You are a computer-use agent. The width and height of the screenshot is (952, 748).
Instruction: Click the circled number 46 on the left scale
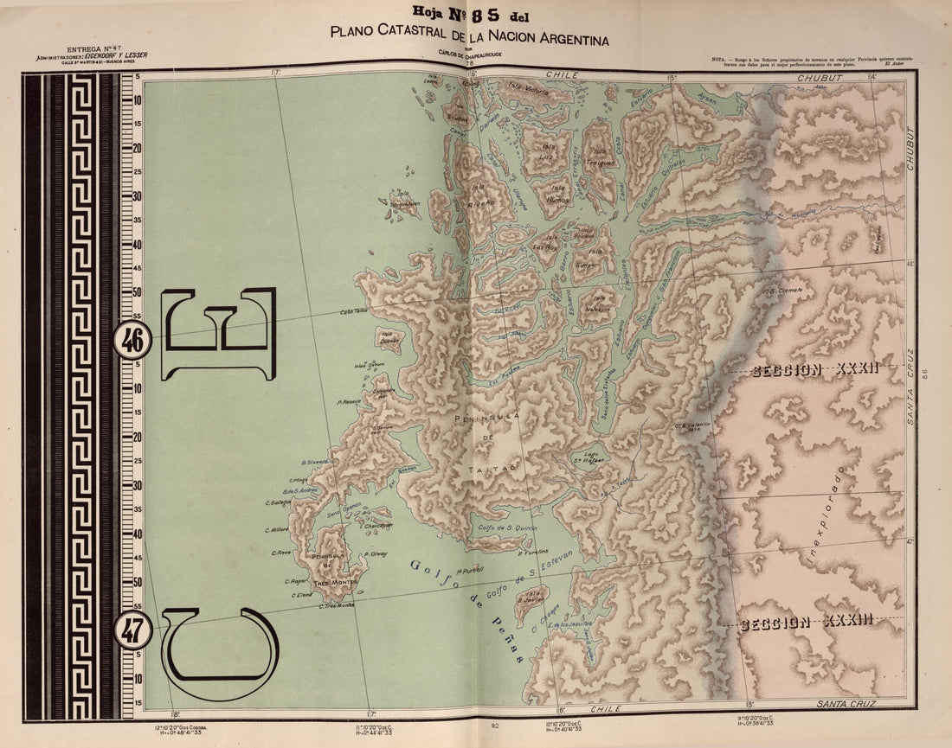[132, 340]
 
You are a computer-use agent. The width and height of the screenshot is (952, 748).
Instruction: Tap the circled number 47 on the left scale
[132, 631]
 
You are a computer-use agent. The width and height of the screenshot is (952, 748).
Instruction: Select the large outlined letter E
[219, 334]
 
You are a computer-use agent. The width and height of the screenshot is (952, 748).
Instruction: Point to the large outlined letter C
[221, 653]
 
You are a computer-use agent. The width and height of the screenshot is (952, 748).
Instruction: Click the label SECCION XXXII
[815, 370]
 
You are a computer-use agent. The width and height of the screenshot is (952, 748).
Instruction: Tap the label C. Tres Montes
[337, 606]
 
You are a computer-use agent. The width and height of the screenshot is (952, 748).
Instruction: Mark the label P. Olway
[376, 554]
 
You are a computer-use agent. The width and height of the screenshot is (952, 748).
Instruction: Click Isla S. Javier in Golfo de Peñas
[530, 597]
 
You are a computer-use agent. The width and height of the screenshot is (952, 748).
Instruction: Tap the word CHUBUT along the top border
[820, 77]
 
